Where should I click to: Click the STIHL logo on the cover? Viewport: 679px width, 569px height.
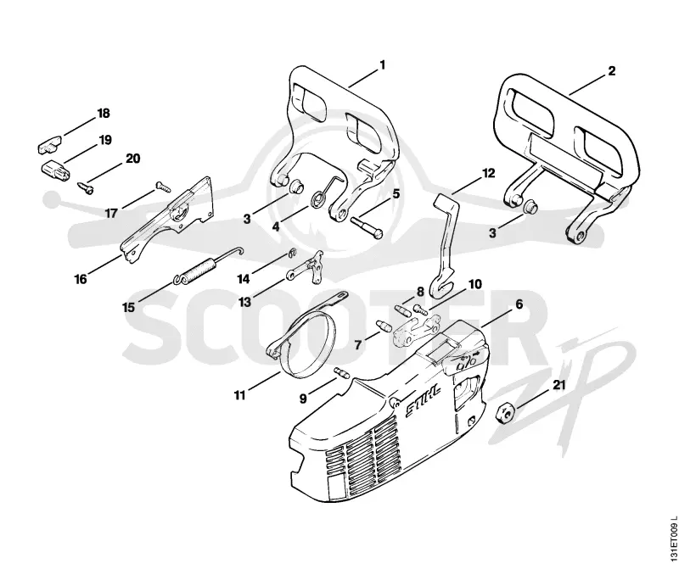tap(423, 401)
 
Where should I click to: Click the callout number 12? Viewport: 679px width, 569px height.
tap(488, 174)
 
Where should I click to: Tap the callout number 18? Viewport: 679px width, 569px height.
tap(104, 114)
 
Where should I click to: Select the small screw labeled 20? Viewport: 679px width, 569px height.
tap(86, 187)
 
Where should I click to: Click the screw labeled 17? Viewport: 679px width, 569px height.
tap(163, 187)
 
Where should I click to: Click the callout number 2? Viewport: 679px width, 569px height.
tap(611, 71)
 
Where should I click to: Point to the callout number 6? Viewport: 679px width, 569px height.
tap(519, 304)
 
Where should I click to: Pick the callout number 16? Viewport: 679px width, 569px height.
tap(81, 279)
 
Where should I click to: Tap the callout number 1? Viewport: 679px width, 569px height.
tap(382, 65)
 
